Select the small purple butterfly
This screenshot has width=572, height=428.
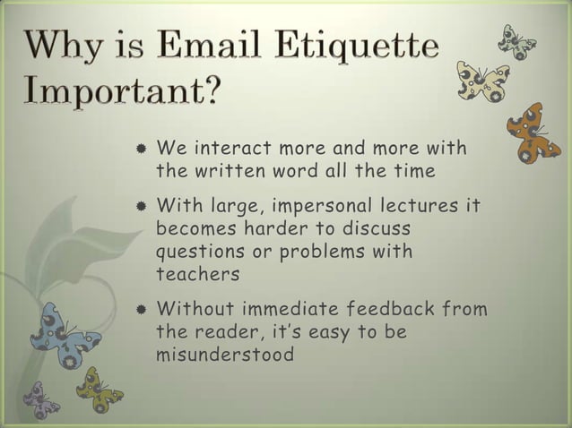click(40, 399)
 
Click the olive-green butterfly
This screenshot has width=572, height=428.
click(99, 389)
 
